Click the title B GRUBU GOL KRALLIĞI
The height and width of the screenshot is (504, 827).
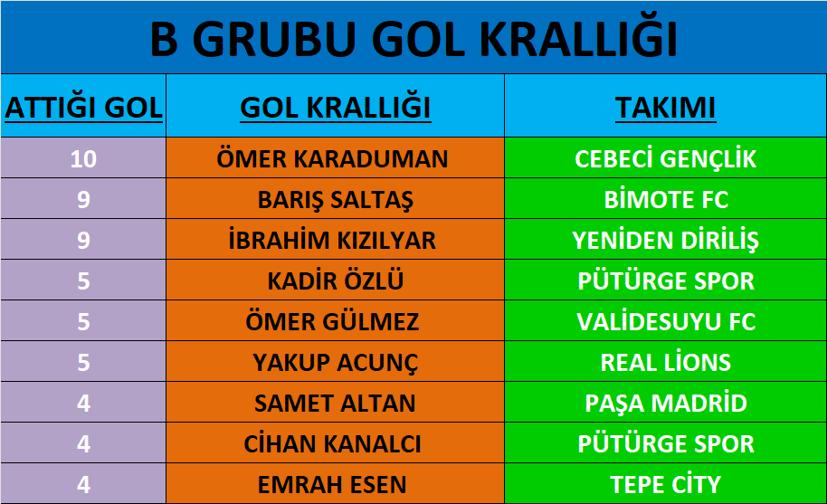pos(413,38)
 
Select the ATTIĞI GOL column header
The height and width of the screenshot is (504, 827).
pos(83,107)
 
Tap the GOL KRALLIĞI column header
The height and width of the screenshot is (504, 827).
pos(336,107)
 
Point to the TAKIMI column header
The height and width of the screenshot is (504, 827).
pos(666,108)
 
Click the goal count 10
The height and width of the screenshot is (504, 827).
pos(83,158)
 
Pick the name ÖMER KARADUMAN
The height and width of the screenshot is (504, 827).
pos(332,158)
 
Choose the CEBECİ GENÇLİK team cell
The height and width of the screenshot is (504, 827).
pos(666,158)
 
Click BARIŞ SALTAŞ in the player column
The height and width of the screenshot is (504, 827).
pos(336,200)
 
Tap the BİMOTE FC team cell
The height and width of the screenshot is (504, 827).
pos(666,199)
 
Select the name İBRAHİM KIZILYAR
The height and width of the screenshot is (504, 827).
pos(332,240)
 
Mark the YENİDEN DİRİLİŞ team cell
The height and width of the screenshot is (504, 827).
pos(666,241)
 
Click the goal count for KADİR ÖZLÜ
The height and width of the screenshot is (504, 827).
pos(83,281)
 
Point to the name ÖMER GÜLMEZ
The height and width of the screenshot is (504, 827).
pos(332,321)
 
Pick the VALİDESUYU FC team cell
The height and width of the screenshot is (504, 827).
pos(666,321)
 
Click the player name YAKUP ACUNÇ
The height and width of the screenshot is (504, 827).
pos(336,363)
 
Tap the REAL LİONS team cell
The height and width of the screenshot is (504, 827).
pos(666,362)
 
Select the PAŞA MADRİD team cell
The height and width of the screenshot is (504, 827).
pos(666,404)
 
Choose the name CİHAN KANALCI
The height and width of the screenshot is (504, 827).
pos(332,443)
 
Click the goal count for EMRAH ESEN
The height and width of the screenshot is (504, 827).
pos(83,484)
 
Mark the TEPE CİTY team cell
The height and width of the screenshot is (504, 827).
pos(666,484)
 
